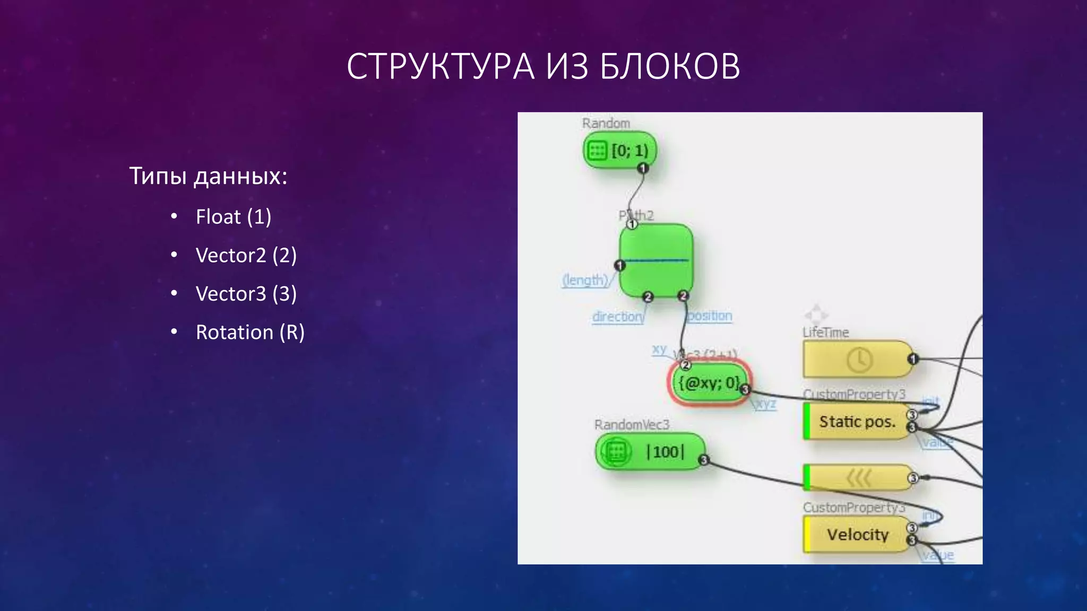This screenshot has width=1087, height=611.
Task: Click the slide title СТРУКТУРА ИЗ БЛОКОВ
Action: pos(543,66)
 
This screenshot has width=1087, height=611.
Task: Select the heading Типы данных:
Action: pos(208,176)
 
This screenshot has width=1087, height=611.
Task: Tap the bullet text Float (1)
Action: pos(234,217)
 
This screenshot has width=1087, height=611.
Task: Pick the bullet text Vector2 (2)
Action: pos(246,256)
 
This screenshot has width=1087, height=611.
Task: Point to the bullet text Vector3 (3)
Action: pos(246,294)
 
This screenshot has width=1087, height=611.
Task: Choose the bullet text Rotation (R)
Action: pos(250,333)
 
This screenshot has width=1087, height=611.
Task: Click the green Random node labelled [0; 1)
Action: pos(619,151)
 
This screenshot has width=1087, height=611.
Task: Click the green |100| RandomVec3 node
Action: pos(650,452)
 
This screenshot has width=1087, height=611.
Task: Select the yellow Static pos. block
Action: pos(856,422)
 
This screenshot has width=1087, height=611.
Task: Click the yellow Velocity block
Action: pos(856,535)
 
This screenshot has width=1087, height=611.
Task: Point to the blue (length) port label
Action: pos(585,280)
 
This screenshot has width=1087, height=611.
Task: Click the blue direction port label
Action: pos(618,317)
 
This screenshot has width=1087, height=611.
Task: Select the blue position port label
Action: pos(710,316)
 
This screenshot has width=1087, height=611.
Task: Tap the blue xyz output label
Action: pos(765,404)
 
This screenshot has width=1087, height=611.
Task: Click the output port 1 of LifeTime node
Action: pos(912,359)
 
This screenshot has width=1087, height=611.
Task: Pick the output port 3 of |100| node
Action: pos(704,460)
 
